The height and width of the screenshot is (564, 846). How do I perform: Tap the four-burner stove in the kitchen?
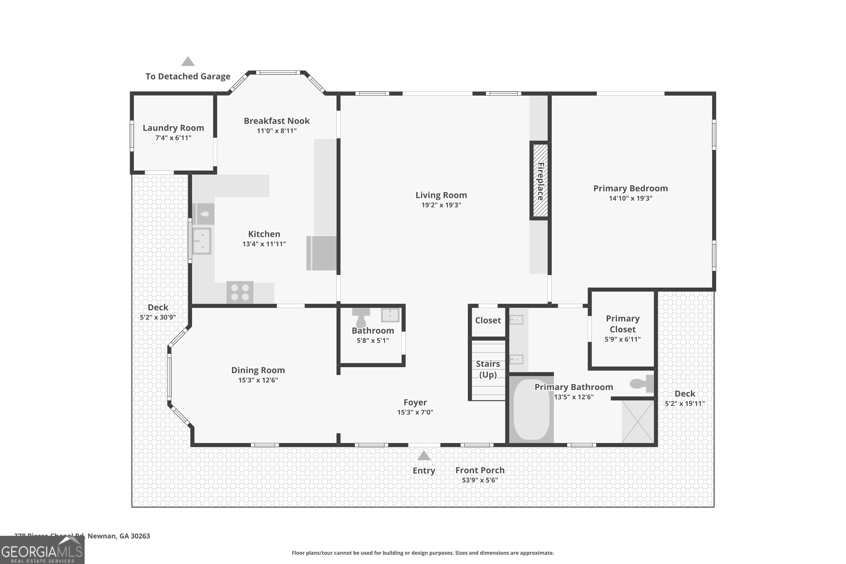click(x=240, y=292)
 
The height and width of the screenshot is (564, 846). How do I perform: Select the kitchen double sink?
click(x=202, y=241)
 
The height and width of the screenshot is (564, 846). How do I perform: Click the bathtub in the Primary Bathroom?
click(x=532, y=409)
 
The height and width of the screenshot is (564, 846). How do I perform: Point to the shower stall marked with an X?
click(x=638, y=421)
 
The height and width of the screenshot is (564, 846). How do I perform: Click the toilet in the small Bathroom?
click(x=361, y=316)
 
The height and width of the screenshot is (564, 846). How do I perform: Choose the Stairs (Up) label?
click(x=488, y=369)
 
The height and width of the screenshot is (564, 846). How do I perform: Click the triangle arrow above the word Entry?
click(x=424, y=456)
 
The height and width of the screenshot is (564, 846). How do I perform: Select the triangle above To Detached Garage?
click(x=188, y=61)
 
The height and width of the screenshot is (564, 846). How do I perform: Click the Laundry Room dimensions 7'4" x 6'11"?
click(x=173, y=138)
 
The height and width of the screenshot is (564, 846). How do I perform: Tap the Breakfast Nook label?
click(x=277, y=121)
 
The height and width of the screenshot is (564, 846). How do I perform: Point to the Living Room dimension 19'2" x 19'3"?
click(x=441, y=205)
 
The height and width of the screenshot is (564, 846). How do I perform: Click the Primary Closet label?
click(x=623, y=324)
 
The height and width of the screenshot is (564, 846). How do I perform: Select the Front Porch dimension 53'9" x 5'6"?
click(x=480, y=480)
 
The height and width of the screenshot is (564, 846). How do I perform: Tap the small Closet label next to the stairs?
click(x=488, y=320)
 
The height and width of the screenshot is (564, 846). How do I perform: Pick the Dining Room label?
click(x=258, y=370)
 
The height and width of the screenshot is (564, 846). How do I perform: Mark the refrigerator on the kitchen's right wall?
click(x=321, y=253)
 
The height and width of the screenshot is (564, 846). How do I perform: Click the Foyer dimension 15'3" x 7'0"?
click(x=415, y=412)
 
